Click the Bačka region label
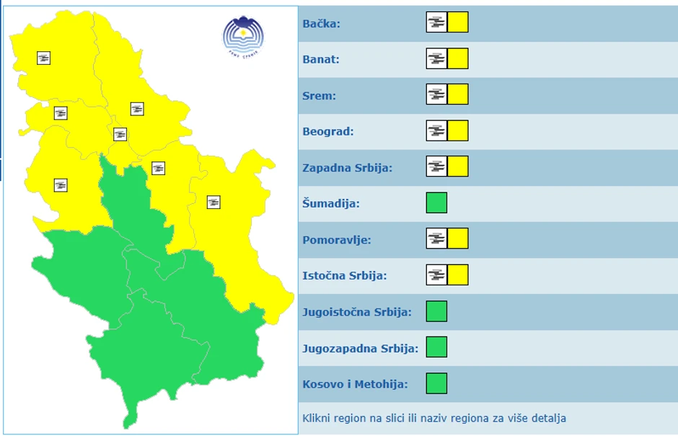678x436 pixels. [321, 24]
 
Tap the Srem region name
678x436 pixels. [319, 96]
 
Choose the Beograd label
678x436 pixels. [328, 132]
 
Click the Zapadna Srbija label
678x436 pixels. [347, 168]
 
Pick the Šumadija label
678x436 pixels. [330, 204]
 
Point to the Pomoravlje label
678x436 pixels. [337, 240]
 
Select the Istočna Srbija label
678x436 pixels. [345, 276]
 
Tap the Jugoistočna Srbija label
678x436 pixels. [357, 312]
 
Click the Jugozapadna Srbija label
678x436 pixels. [360, 348]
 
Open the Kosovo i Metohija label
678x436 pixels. [355, 384]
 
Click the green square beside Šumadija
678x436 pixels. [436, 203]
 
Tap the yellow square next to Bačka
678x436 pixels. [458, 22]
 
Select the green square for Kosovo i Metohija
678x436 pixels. [436, 383]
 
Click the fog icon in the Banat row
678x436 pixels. [436, 58]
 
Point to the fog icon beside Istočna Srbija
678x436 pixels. [436, 275]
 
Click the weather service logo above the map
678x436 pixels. [243, 35]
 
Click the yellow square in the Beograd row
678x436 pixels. [458, 130]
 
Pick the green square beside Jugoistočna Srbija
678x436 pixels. [436, 311]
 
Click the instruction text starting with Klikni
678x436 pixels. [434, 418]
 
